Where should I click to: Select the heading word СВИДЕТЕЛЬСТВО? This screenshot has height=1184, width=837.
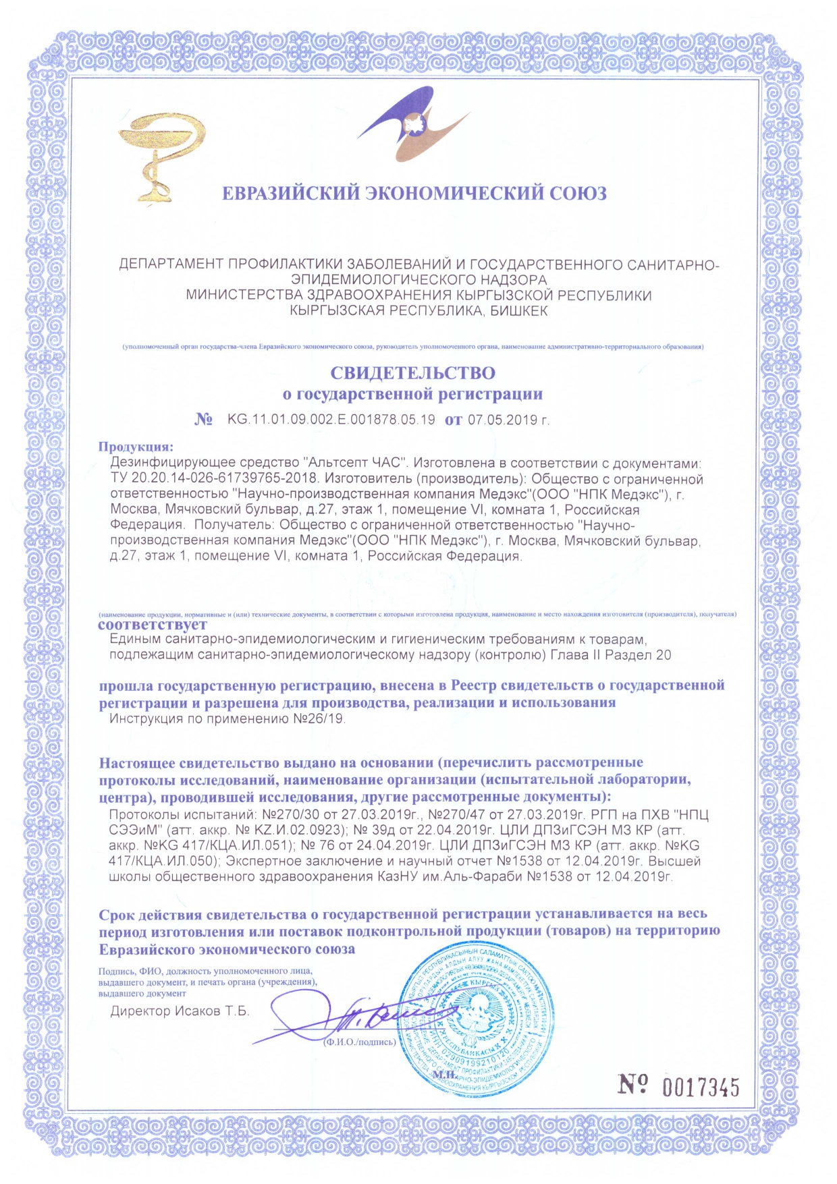412,372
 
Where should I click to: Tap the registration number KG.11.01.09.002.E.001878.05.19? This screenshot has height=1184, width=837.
331,420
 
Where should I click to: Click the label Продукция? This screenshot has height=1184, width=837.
136,447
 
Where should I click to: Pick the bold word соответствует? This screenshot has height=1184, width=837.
152,625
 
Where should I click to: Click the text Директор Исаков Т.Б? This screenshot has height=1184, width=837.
180,1011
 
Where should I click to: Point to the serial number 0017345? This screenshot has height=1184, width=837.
701,1087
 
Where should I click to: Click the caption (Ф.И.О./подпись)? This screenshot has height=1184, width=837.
359,1042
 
